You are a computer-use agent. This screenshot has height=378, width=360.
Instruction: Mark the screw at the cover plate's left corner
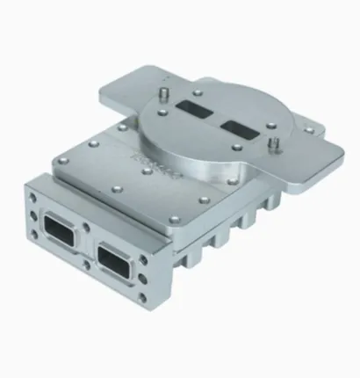(62, 160)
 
